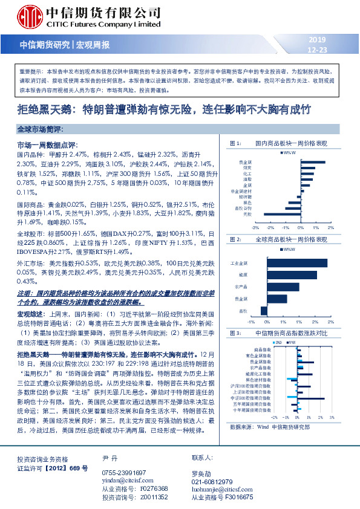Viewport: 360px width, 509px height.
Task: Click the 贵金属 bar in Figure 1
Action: [313, 162]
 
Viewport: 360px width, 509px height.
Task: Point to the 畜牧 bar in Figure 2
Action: [264, 310]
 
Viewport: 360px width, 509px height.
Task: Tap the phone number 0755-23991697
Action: [124, 455]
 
